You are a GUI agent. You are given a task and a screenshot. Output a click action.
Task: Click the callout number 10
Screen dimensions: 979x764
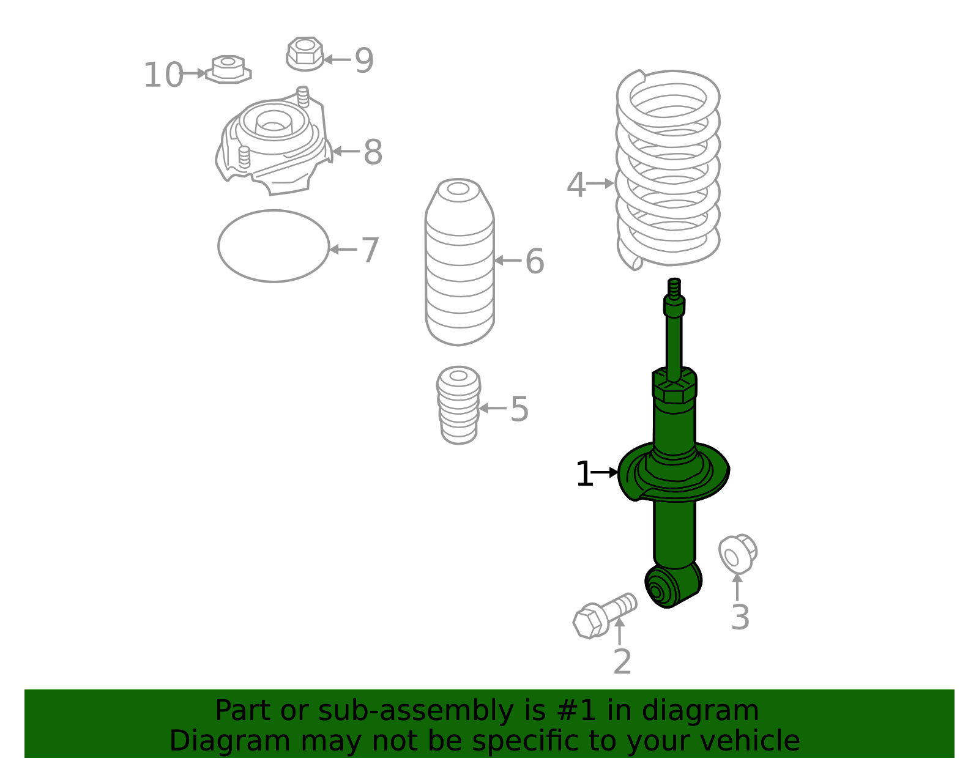[163, 75]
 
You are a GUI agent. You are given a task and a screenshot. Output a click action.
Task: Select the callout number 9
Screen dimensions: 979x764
[364, 61]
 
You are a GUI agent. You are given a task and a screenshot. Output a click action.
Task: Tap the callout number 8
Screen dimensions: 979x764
[373, 152]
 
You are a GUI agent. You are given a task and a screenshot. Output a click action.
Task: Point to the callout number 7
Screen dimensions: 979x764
[370, 250]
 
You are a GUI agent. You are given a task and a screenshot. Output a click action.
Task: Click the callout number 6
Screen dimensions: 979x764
[535, 261]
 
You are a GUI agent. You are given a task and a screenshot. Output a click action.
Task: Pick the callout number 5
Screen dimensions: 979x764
[519, 409]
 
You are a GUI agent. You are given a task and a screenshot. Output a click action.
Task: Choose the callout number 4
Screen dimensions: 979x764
[576, 185]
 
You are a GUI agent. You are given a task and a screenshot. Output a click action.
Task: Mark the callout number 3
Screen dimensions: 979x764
[740, 617]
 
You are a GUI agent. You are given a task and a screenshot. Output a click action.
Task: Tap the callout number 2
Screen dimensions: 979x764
[622, 661]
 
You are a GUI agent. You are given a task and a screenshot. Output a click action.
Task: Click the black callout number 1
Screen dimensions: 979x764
[584, 473]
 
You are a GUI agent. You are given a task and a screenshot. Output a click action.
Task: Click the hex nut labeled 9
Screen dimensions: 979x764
[305, 54]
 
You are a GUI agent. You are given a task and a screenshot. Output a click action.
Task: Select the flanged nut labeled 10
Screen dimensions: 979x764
[228, 69]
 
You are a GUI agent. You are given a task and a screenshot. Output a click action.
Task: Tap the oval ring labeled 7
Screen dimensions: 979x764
[219, 246]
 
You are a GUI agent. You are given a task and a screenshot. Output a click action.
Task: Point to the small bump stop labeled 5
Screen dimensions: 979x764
[459, 405]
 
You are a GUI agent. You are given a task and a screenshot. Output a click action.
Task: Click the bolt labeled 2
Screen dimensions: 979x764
[605, 615]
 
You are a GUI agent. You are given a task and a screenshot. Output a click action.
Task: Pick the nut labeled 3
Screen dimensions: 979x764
[737, 554]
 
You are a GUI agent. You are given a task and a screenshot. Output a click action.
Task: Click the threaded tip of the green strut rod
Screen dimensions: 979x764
[674, 289]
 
